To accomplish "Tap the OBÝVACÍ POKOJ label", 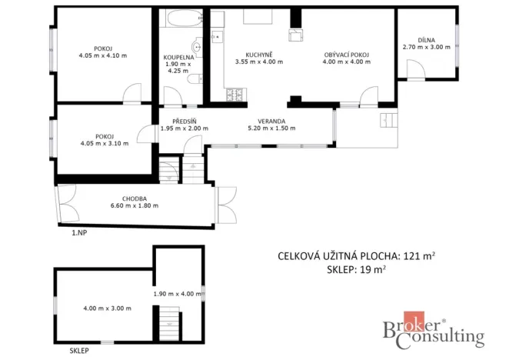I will [347, 55].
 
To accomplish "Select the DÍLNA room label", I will [427, 38].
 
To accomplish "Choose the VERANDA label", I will [271, 121].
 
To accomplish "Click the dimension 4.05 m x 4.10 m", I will [103, 55].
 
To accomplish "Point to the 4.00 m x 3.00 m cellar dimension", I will [107, 308].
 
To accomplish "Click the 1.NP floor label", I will [79, 232].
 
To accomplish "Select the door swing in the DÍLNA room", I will [416, 72].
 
